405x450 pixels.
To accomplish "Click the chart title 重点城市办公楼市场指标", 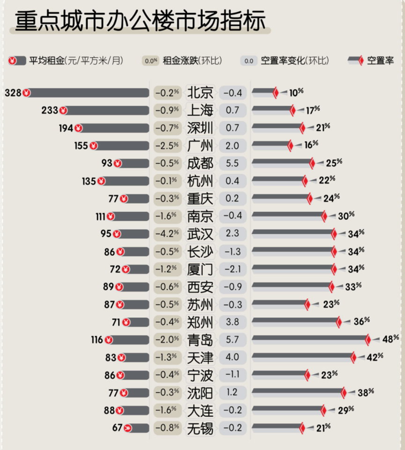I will (x=140, y=21).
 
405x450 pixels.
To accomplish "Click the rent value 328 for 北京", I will (x=13, y=93).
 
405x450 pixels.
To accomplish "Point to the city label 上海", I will (x=200, y=110).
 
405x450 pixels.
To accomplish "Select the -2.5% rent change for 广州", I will (x=167, y=146).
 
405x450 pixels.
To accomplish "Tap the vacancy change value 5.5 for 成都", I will (x=232, y=163).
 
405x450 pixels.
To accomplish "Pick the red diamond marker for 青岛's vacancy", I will (x=368, y=340).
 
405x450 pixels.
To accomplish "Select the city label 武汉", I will (x=200, y=234).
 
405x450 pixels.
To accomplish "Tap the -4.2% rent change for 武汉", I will (x=167, y=234).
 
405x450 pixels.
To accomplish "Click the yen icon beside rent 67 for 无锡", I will (x=127, y=428).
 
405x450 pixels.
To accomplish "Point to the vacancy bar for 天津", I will (x=302, y=358).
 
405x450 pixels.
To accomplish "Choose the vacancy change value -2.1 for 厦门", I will (x=232, y=269).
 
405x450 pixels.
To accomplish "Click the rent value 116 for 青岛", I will (x=97, y=340).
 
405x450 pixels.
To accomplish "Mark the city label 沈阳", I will (x=200, y=393).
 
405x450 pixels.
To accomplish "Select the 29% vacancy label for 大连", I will (x=346, y=410).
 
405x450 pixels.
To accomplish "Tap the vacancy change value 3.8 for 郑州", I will (x=232, y=322).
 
